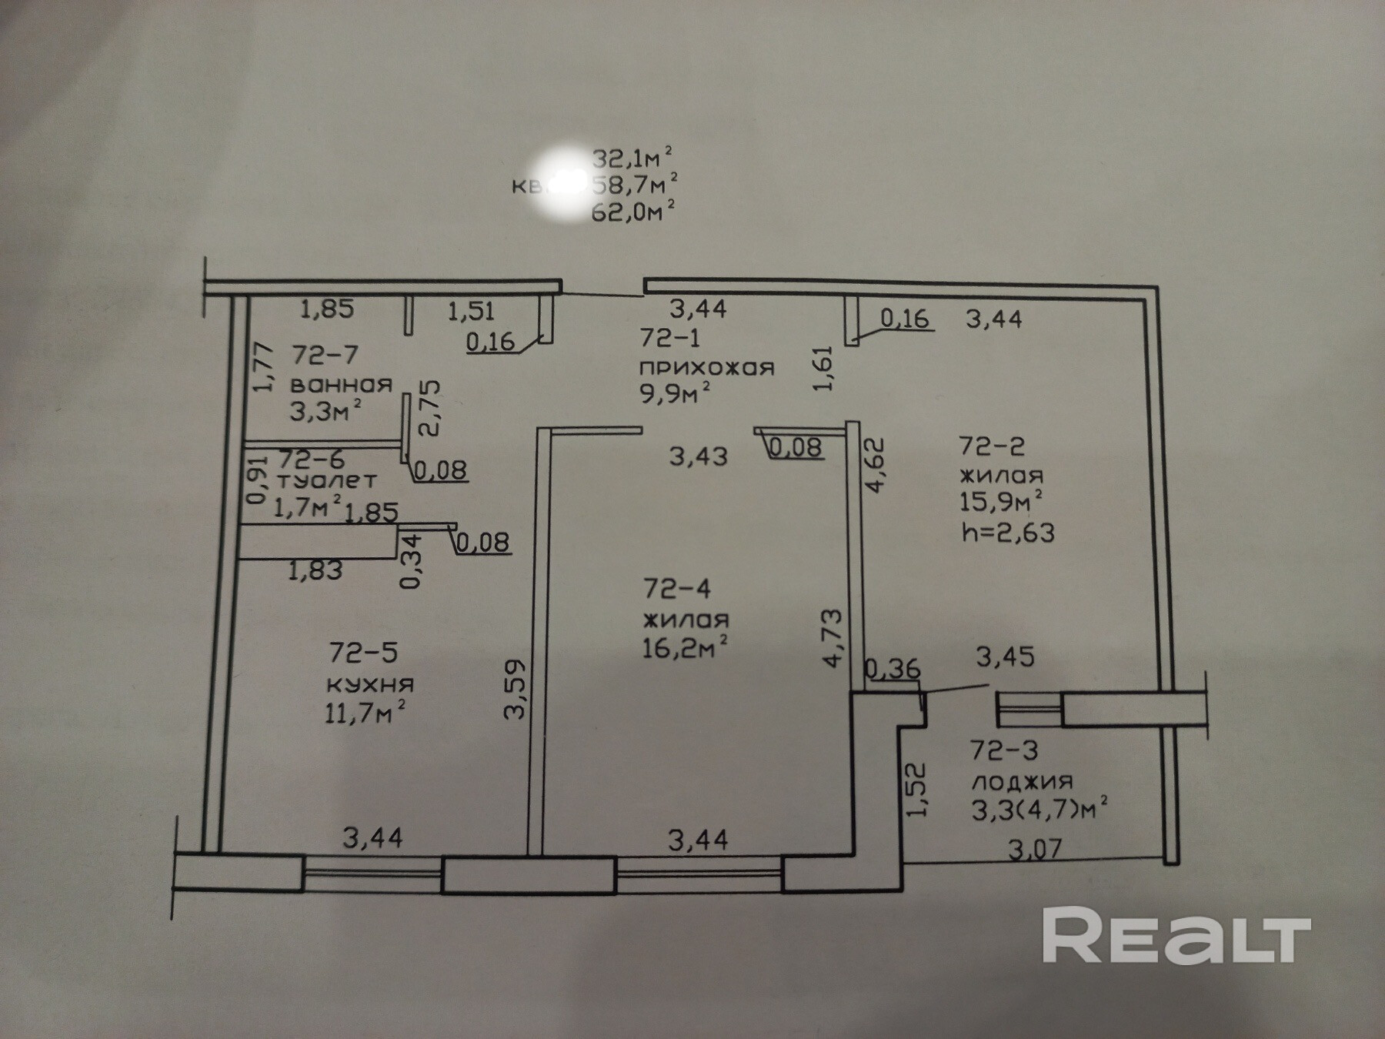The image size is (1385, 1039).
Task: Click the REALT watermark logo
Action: click(1176, 934)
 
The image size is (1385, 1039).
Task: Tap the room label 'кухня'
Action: click(371, 683)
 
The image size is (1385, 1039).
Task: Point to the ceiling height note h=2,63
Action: click(1008, 532)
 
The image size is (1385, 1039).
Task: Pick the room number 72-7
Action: click(325, 355)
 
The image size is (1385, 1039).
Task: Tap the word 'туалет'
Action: click(327, 480)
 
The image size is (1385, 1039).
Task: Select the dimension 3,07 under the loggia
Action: click(1035, 849)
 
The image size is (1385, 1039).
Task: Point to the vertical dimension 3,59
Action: click(515, 688)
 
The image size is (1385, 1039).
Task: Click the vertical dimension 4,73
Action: click(833, 638)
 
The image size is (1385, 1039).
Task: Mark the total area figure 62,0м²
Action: click(634, 210)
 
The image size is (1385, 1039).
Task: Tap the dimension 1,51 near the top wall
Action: click(471, 311)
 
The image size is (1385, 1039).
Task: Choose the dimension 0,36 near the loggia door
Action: click(893, 669)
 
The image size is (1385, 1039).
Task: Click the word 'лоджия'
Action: click(1022, 781)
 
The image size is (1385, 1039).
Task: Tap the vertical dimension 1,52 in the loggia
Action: click(919, 790)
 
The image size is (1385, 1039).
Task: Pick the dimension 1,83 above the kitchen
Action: click(315, 570)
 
